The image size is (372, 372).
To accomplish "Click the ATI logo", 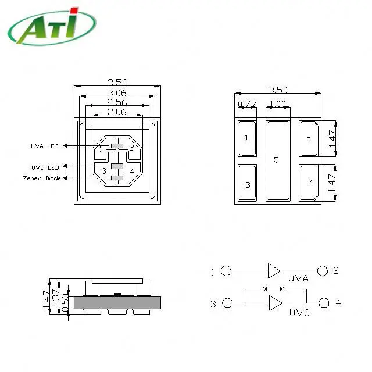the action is [52, 26].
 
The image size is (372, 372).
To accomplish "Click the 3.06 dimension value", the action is [117, 93].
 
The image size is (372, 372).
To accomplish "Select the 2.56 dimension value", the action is [117, 102].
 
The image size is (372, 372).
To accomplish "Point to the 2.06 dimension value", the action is [117, 112].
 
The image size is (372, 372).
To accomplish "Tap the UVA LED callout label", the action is [45, 146].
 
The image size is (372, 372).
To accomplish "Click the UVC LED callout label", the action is [45, 167].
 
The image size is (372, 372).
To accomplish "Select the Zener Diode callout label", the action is [42, 178].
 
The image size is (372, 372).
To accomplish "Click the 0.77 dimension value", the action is [247, 103].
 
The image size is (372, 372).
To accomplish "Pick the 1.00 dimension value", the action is [278, 103].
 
